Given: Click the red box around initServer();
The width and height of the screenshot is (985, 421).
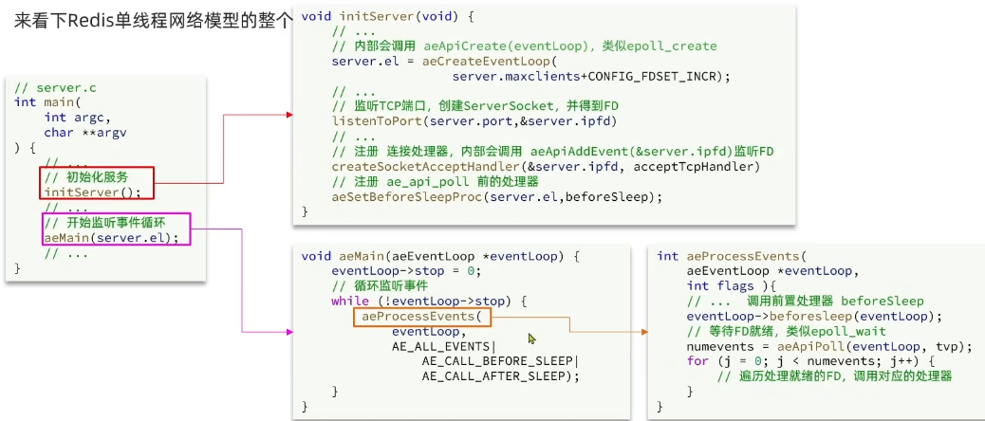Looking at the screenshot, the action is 96,184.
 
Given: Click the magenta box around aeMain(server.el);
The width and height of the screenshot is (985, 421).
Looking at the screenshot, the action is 115,229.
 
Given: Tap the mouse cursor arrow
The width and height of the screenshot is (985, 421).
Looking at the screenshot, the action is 532,339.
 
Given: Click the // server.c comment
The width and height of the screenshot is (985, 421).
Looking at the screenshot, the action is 55,87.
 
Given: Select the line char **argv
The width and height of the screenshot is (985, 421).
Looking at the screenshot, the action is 84,133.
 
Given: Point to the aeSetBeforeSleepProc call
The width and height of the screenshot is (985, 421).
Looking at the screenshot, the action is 496,197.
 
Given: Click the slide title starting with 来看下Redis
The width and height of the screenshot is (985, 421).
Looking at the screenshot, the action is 152,20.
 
